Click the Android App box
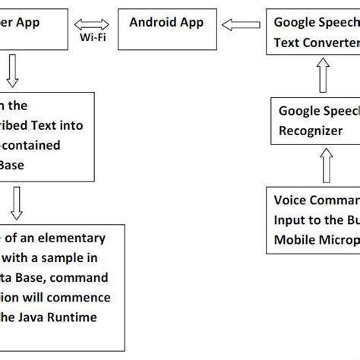pyautogui.click(x=167, y=29)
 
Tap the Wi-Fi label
pyautogui.click(x=92, y=37)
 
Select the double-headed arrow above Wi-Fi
pyautogui.click(x=92, y=23)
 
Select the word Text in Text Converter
pyautogui.click(x=287, y=43)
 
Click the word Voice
pyautogui.click(x=292, y=201)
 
